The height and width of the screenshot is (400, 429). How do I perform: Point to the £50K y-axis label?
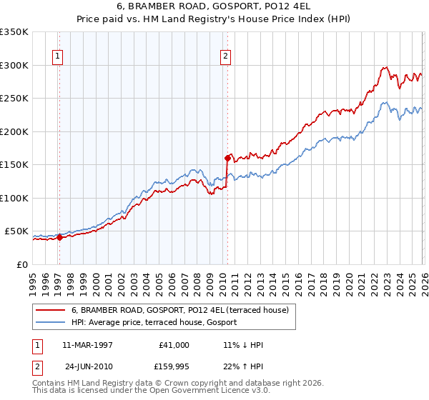16,231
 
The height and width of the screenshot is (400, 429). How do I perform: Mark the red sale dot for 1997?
60,238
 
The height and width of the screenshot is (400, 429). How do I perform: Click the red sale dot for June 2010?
227,158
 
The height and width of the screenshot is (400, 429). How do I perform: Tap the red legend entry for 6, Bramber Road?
179,311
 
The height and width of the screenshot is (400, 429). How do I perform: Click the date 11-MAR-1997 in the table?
88,345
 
